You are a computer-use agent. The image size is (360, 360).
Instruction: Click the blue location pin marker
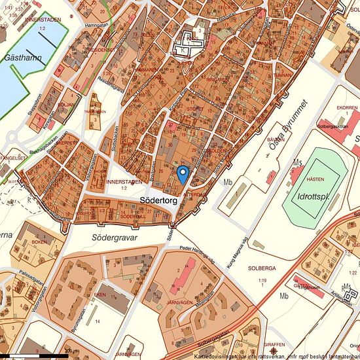[x=183, y=173]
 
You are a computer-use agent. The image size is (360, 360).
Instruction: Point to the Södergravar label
[x=115, y=238]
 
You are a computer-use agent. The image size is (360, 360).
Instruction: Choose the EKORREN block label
[x=329, y=107]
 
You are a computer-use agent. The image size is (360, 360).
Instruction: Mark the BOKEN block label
[x=40, y=242]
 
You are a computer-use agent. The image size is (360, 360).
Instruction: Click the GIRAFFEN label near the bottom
[x=275, y=344]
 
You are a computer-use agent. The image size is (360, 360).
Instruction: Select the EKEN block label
[x=100, y=295]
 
